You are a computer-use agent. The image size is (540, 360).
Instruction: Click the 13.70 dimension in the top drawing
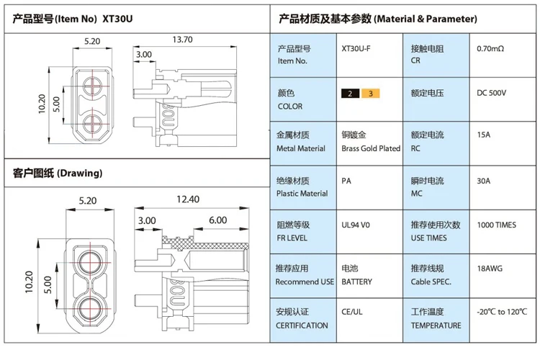pos(183,40)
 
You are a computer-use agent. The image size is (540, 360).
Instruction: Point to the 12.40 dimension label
pos(188,199)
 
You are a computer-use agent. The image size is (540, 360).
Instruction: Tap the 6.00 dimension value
pos(218,220)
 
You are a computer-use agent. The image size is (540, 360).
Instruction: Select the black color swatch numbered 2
pos(350,94)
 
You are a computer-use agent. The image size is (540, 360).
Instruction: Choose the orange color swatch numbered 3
pos(371,94)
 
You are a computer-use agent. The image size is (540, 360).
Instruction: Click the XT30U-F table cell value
pos(356,48)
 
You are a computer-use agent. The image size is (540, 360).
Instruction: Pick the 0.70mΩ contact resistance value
pos(490,48)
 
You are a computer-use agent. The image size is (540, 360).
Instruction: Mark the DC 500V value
pos(492,93)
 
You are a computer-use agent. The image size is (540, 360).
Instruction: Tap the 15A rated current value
pos(484,135)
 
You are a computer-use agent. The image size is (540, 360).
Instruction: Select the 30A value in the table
pos(484,181)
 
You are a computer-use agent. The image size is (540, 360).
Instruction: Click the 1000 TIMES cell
pos(497,225)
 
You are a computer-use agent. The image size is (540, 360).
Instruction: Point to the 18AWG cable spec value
pos(490,269)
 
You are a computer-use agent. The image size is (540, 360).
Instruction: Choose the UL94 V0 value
pos(356,225)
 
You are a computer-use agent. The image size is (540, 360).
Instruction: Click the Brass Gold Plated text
pos(371,148)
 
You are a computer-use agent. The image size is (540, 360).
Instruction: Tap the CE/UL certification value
pos(352,312)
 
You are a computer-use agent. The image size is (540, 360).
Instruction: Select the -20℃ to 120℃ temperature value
pos(502,312)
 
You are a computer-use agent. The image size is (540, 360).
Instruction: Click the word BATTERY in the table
pos(357,282)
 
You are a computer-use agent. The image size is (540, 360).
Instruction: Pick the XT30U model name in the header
pos(117,19)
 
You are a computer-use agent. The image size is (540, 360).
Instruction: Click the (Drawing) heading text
pos(79,173)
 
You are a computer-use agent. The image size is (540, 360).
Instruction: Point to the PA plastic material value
pos(346,181)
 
